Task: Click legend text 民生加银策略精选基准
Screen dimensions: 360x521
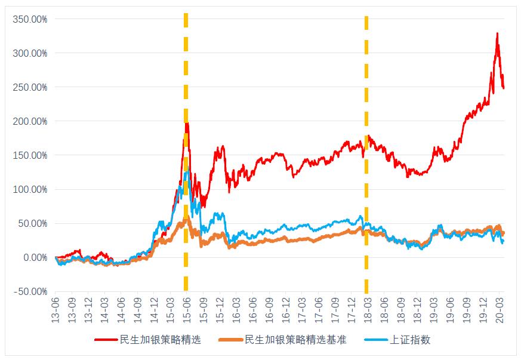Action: click(295, 340)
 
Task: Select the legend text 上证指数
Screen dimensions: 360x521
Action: click(410, 340)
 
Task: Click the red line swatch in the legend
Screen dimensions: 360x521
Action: click(106, 340)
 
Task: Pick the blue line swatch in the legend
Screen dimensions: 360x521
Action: click(375, 340)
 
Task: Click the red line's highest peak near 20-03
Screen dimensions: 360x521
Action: click(497, 33)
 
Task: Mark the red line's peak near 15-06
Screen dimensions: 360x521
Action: click(187, 124)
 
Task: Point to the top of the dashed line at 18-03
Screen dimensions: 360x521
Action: click(366, 17)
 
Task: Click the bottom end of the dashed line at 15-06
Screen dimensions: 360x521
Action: click(186, 290)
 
